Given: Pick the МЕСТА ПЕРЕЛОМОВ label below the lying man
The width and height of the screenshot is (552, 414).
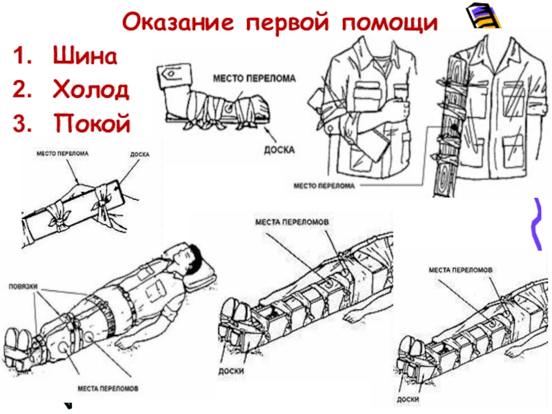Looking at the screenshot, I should (107, 388).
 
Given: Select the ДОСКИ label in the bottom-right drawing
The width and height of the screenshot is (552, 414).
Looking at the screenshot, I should (408, 399).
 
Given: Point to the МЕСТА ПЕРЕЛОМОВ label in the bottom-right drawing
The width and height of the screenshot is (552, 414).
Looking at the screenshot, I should (460, 270).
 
